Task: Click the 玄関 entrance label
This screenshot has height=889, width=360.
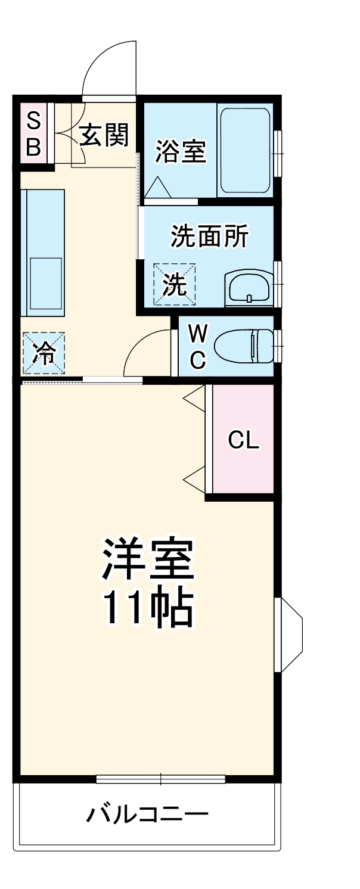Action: pos(104,136)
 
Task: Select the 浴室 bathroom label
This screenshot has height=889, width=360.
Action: pos(181,151)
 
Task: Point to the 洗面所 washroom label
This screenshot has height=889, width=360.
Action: pos(209,237)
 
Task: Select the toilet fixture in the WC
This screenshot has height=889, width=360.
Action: pos(244,347)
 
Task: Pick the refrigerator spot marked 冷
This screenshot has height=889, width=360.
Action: pos(44,353)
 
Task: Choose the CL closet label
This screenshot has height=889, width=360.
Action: pos(244,440)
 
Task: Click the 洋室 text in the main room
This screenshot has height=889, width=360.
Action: pos(148,560)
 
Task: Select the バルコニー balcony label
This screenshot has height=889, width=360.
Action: pos(148,813)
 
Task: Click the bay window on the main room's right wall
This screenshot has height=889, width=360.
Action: pos(290,635)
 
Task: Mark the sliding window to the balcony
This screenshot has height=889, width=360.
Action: pos(161,778)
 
